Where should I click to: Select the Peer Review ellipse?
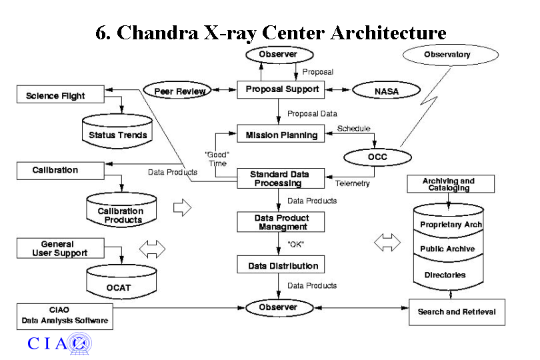coord(175,91)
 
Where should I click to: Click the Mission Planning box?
coord(281,134)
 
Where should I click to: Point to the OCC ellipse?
coord(378,157)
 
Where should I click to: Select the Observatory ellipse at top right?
coord(447,55)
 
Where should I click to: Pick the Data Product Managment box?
coord(281,222)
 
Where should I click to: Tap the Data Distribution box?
coord(281,265)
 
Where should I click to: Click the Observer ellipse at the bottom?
coord(279,307)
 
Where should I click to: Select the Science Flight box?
coord(61,95)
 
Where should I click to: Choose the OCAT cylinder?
coord(120,287)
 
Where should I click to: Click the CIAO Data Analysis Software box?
coord(64,315)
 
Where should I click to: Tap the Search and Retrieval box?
coord(457,311)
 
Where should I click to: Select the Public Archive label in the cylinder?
coord(447,249)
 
